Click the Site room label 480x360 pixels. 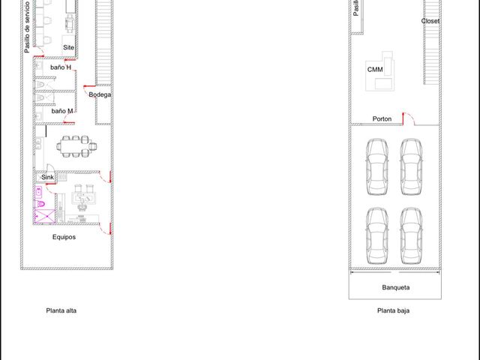(x=68, y=47)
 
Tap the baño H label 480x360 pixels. (x=61, y=67)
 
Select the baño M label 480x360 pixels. (x=62, y=111)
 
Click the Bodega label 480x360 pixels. (x=100, y=94)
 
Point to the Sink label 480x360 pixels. (x=47, y=177)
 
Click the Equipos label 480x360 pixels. (x=64, y=237)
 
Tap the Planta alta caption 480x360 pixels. (x=61, y=310)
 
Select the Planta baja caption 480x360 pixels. (x=393, y=310)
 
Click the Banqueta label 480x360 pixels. (x=396, y=287)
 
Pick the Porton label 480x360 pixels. (x=382, y=118)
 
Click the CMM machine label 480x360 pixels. (x=375, y=70)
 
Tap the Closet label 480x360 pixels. (x=430, y=21)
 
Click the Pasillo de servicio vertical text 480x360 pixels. (x=27, y=27)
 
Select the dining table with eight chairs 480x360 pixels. (x=76, y=147)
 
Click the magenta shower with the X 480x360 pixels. (x=45, y=216)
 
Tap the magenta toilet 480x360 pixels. (x=40, y=204)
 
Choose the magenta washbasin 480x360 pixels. (x=38, y=192)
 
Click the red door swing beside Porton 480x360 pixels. (x=408, y=118)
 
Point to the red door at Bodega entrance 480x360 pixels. (x=89, y=87)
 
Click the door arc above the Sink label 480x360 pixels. (x=50, y=167)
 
